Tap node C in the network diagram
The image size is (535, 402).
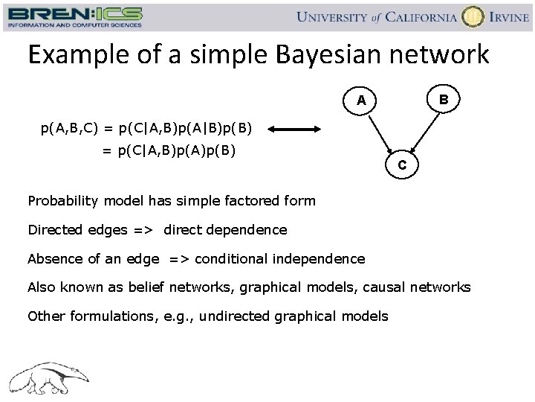pyautogui.click(x=401, y=165)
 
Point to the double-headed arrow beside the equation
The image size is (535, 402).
pyautogui.click(x=297, y=130)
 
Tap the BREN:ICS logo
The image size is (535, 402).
pyautogui.click(x=74, y=16)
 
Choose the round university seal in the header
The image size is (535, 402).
pyautogui.click(x=473, y=16)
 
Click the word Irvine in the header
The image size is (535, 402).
pyautogui.click(x=508, y=17)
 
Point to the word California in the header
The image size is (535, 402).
pyautogui.click(x=418, y=17)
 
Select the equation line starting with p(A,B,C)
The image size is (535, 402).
pyautogui.click(x=146, y=130)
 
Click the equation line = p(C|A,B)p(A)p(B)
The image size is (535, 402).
pyautogui.click(x=169, y=152)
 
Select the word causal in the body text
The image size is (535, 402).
pyautogui.click(x=386, y=287)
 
